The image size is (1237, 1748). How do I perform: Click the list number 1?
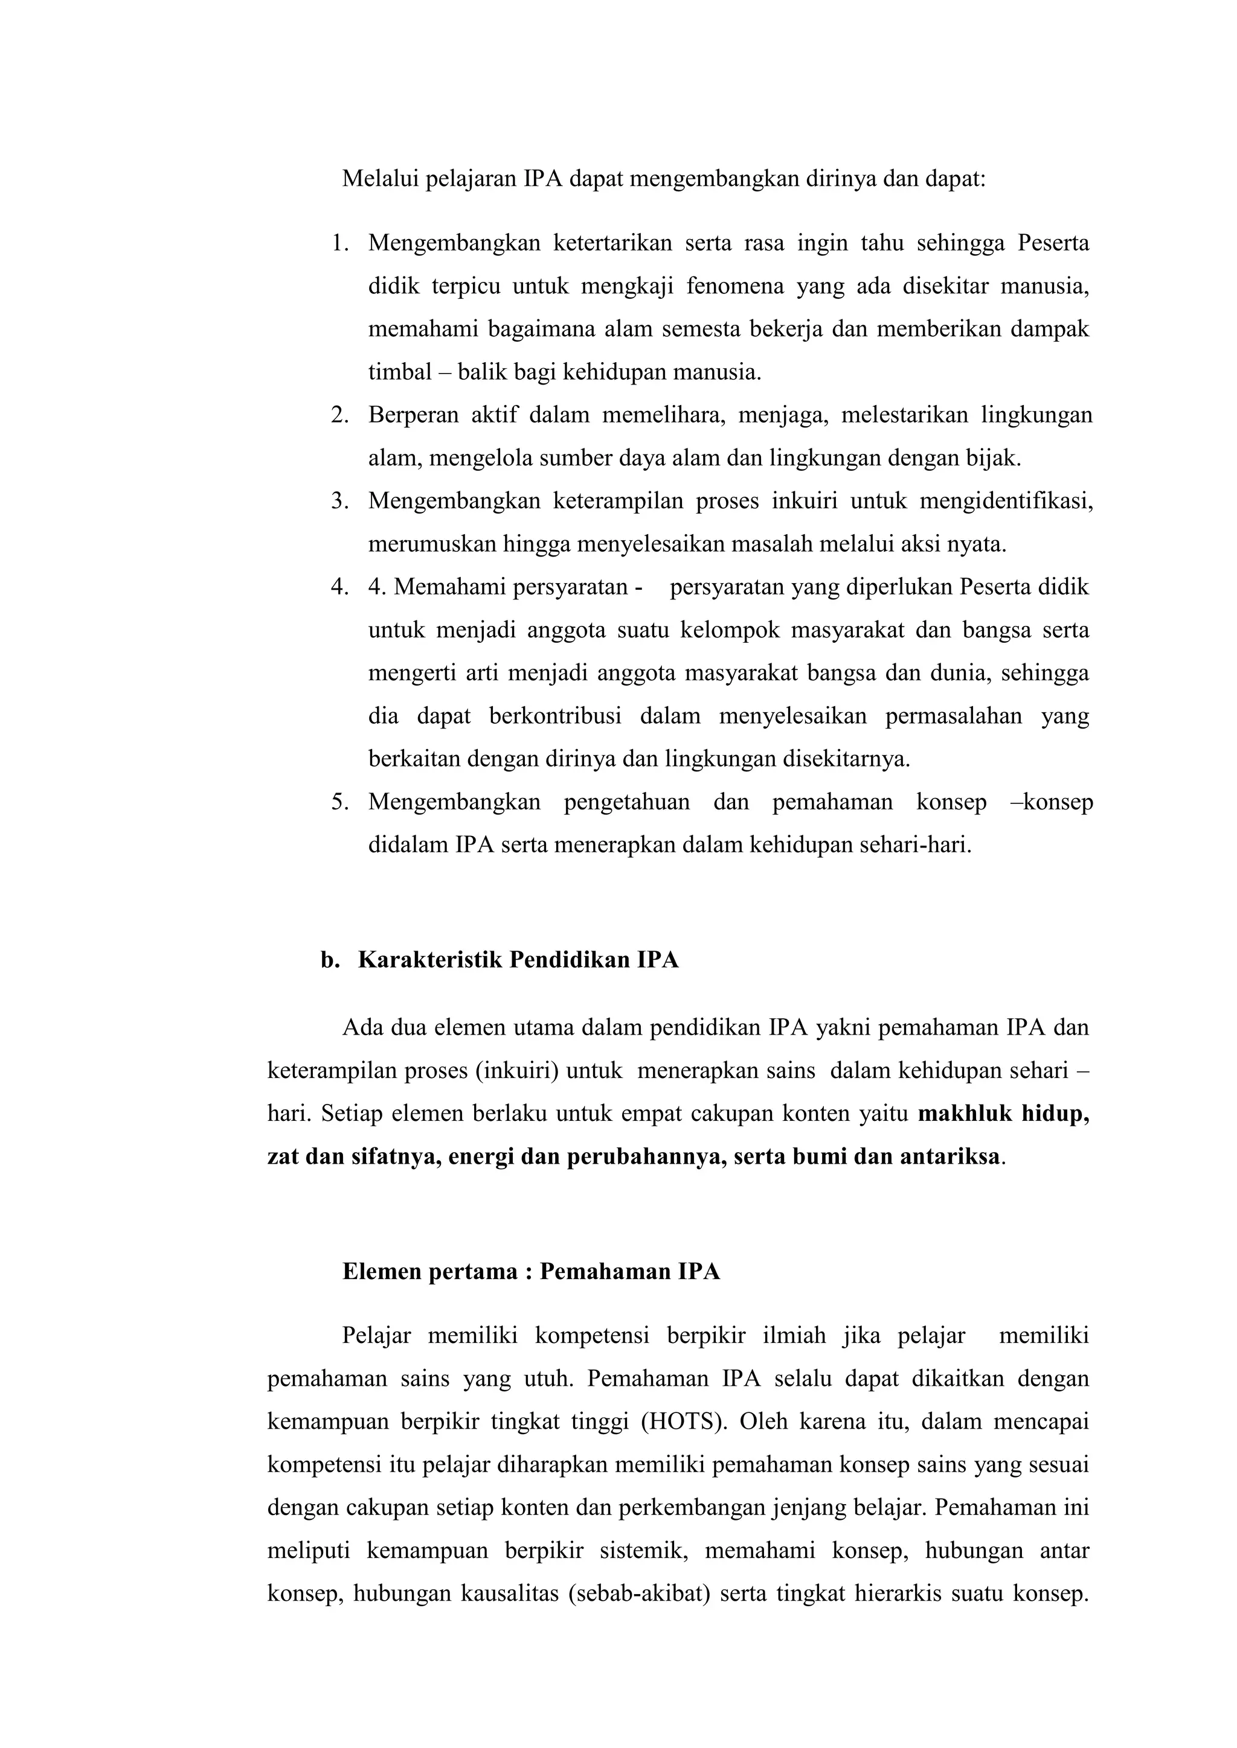click(339, 244)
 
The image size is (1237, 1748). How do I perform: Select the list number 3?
click(339, 502)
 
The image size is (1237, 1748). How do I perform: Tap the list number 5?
click(339, 802)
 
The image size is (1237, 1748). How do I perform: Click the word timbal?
click(399, 372)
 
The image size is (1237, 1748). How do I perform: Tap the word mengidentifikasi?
click(1006, 502)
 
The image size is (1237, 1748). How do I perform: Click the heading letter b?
click(329, 960)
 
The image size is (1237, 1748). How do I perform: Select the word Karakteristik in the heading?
click(429, 960)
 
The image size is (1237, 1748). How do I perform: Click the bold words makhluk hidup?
click(1003, 1114)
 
